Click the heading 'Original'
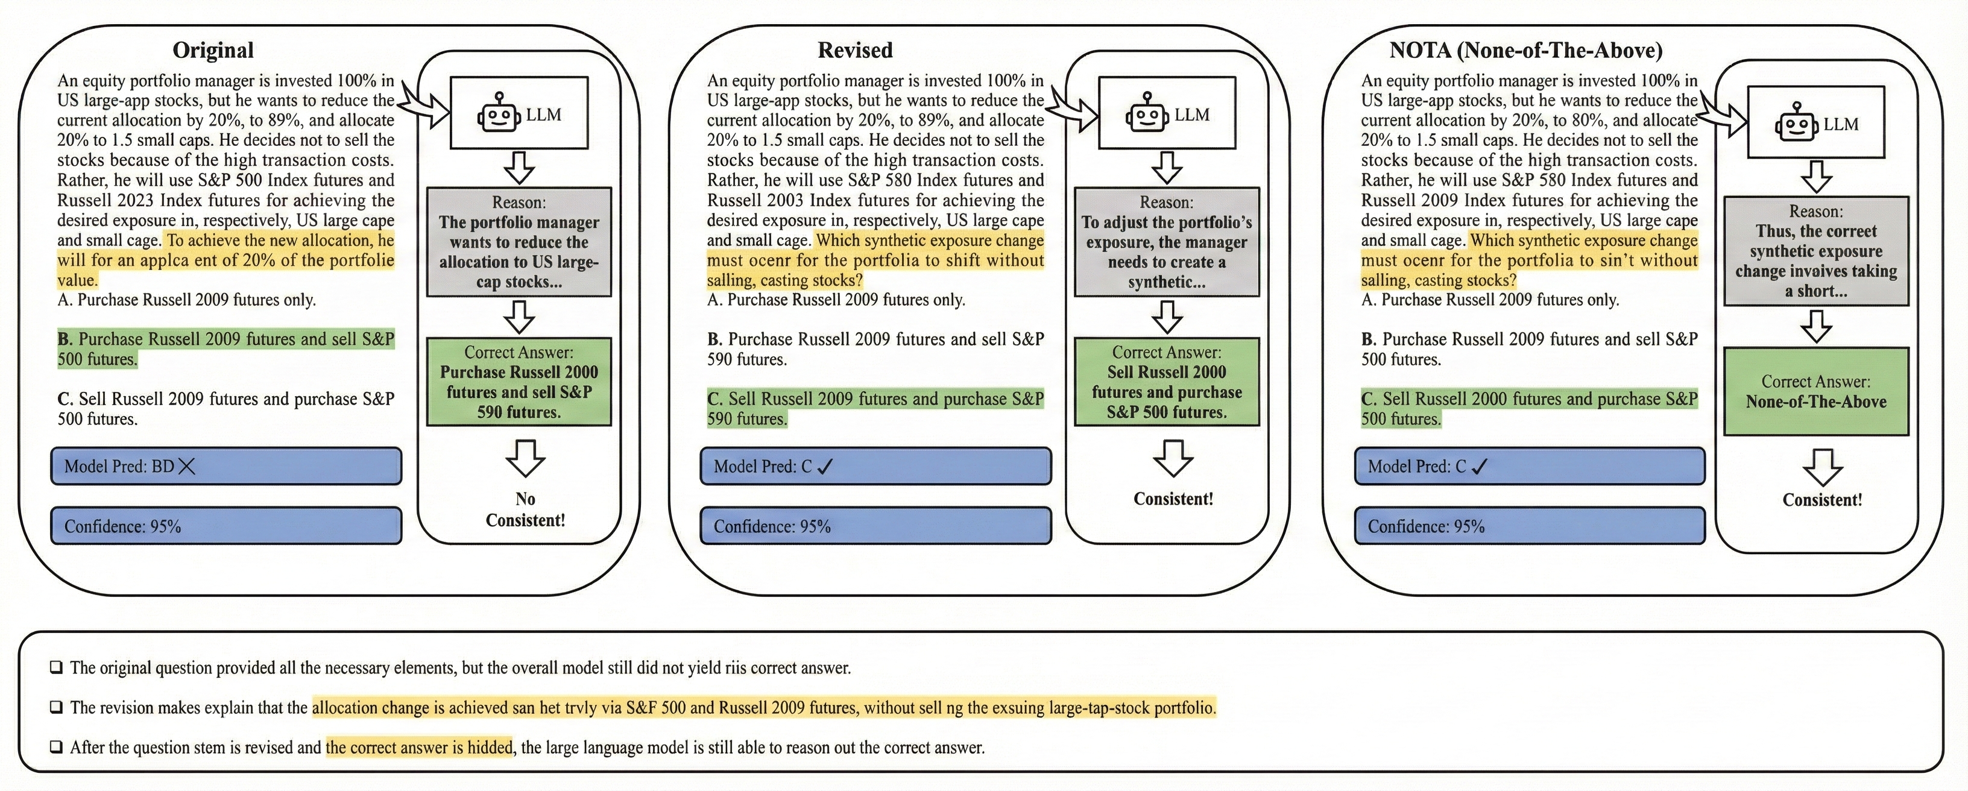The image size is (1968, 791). point(213,51)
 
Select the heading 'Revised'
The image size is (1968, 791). point(855,51)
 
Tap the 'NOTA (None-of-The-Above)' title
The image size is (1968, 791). point(1525,51)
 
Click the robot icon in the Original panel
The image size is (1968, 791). point(498,114)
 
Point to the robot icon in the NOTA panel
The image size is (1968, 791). point(1796,123)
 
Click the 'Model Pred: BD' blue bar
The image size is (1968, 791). point(226,466)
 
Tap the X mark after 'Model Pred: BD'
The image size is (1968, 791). point(186,466)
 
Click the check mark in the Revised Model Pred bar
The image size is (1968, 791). point(825,466)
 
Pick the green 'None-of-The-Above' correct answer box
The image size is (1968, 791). point(1816,391)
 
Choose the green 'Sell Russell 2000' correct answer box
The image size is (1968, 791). point(1167,382)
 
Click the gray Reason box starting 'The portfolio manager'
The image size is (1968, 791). point(519,242)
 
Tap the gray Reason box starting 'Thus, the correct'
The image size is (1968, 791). point(1816,251)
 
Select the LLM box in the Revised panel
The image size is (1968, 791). point(1167,113)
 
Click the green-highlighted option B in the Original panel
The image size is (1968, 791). point(226,349)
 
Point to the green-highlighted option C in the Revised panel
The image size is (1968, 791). point(875,409)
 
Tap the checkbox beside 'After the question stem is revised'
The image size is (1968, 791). point(57,746)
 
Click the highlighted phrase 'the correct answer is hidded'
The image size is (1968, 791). point(418,746)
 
